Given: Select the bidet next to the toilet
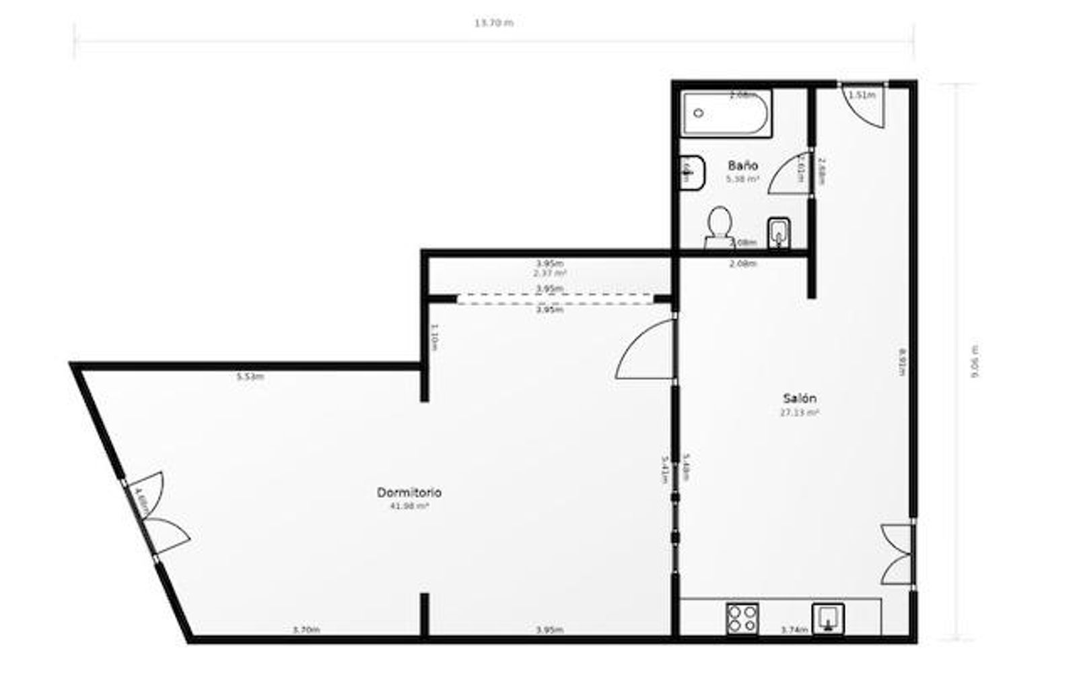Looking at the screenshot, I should tap(779, 232).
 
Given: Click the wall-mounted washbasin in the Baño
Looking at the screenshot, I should tap(692, 173).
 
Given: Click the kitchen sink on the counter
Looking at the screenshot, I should tap(828, 618).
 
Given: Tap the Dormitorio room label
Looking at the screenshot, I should tap(409, 493).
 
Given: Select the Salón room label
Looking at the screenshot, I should tap(800, 398).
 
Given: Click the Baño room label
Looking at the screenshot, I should tap(743, 165).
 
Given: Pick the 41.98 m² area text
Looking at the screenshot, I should tap(409, 505).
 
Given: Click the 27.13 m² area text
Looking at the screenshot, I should tap(800, 412).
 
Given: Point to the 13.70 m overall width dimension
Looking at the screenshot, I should tap(493, 23).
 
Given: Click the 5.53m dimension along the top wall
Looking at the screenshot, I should tap(250, 377).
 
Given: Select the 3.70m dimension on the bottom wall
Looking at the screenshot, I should tap(306, 630).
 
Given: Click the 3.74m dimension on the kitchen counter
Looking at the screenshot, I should tap(794, 630).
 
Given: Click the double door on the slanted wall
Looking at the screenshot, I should tap(159, 516).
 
